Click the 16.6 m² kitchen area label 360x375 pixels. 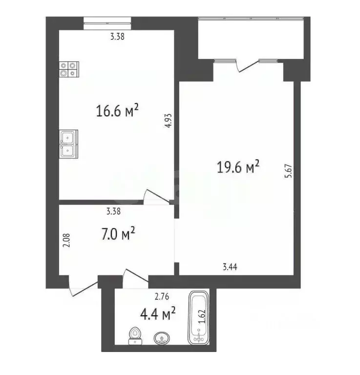118,111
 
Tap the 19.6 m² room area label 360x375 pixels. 237,168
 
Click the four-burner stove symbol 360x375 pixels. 68,69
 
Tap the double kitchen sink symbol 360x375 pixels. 68,144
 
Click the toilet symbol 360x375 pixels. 135,334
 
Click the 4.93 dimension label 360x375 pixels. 168,120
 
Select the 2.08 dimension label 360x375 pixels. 67,242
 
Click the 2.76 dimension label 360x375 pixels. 162,296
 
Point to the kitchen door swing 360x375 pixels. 156,196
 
